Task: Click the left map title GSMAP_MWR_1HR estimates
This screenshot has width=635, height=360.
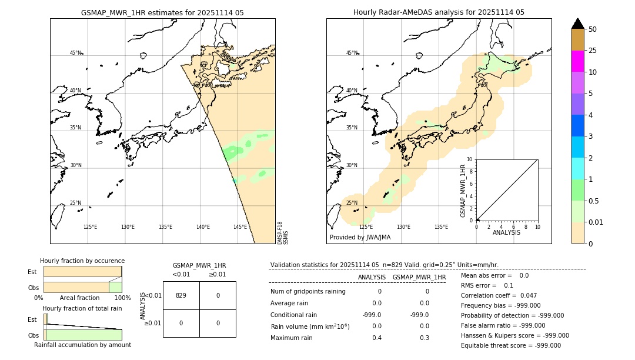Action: click(162, 12)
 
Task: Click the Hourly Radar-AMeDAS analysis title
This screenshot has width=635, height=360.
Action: click(439, 12)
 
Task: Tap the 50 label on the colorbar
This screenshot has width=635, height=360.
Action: click(593, 29)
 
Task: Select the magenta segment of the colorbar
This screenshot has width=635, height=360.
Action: click(577, 61)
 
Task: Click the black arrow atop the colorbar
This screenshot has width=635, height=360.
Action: click(577, 24)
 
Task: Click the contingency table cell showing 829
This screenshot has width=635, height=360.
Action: click(181, 295)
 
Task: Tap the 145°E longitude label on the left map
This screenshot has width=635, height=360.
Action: click(240, 227)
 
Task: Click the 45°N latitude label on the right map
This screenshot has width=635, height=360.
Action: click(352, 53)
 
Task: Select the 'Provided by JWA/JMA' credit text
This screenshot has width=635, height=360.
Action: click(360, 238)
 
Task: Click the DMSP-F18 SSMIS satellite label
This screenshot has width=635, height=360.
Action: click(283, 233)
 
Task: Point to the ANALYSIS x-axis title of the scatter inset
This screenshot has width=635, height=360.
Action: click(506, 232)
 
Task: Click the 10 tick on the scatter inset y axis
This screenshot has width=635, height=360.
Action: click(470, 159)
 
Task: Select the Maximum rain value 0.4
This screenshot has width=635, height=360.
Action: click(376, 338)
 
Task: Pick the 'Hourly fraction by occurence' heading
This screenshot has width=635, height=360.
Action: click(82, 261)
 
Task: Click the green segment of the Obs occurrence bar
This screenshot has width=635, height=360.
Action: click(115, 287)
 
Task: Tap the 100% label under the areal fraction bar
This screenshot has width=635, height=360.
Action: click(122, 298)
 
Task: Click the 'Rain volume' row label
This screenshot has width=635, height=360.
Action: click(310, 326)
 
